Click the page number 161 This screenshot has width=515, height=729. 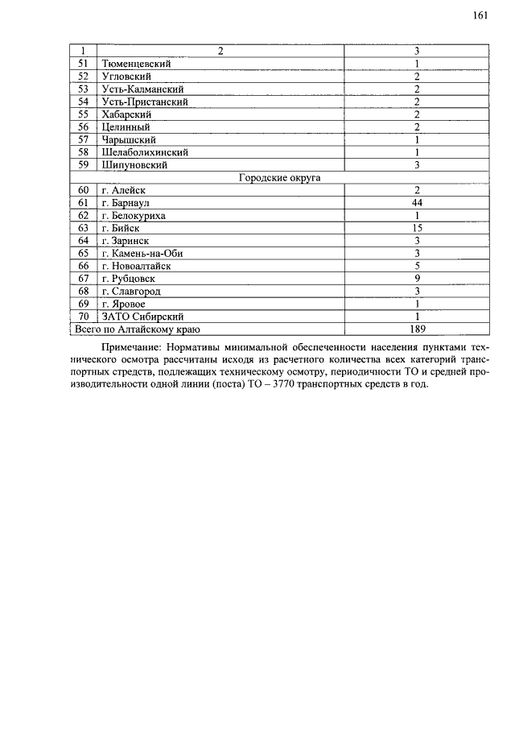481,15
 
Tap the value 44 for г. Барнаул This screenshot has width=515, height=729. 417,203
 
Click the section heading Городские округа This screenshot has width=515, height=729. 279,177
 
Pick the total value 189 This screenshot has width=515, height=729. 417,329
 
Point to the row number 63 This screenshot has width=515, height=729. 83,228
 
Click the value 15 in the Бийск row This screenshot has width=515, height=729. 417,228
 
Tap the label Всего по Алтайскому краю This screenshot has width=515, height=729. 137,329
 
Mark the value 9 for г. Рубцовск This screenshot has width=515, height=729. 417,279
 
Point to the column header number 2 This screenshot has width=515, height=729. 220,51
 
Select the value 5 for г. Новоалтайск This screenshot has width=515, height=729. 417,266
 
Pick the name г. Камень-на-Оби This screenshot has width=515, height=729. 142,253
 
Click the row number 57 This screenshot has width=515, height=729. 83,139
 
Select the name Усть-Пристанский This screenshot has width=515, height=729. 144,101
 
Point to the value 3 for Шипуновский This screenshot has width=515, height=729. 417,164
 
